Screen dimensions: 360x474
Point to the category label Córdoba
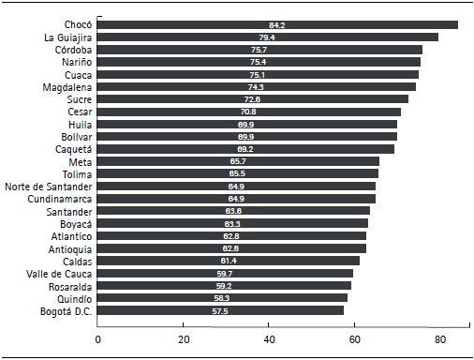coord(72,50)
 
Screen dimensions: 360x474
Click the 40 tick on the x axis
coord(269,338)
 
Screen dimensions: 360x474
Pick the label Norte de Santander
coord(47,186)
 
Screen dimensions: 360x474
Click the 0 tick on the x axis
coord(97,338)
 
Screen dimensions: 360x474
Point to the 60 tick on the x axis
coord(354,338)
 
